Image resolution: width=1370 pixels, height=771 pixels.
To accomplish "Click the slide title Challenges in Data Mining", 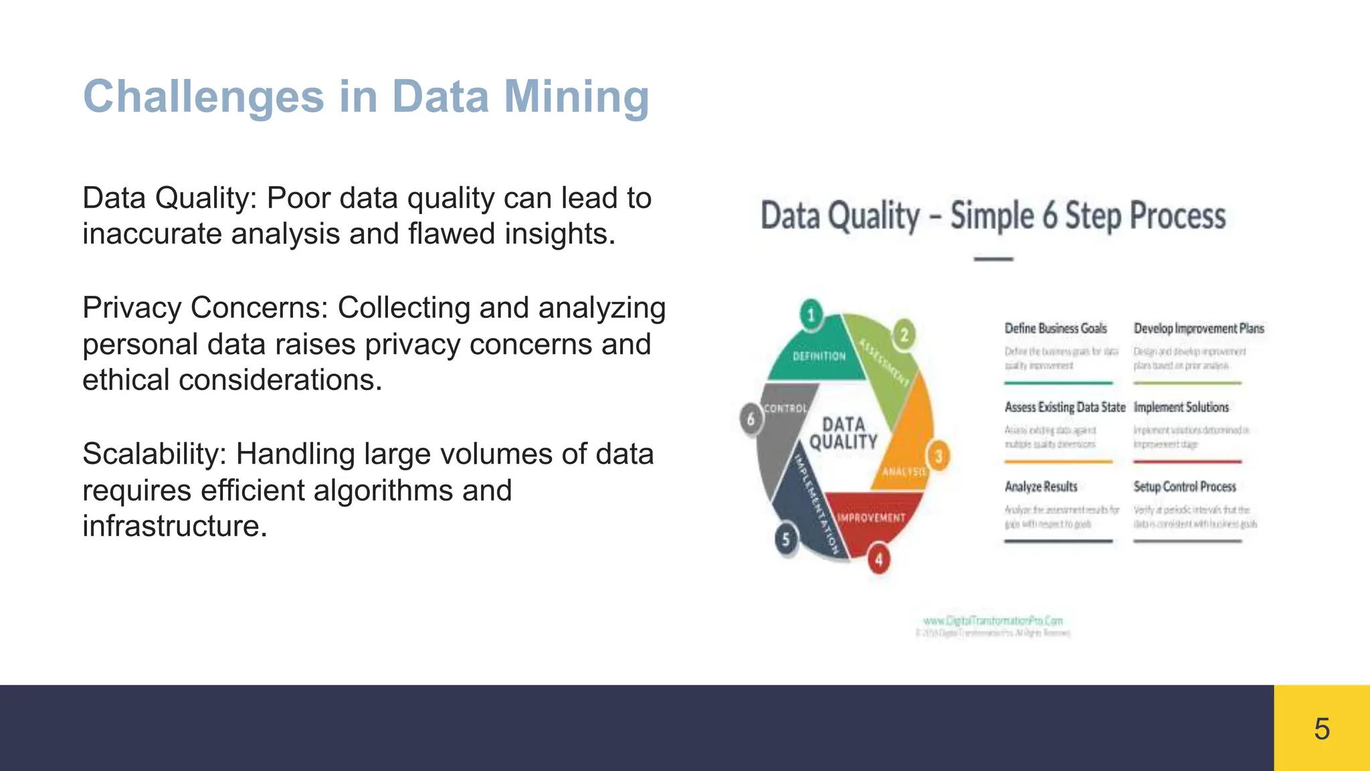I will [366, 97].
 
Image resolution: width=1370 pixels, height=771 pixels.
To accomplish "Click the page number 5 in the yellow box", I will [1322, 728].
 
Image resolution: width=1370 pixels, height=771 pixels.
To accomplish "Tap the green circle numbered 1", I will [811, 315].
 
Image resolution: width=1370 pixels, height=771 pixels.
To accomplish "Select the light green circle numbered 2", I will [904, 335].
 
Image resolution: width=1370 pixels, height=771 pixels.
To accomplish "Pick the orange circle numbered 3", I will [939, 456].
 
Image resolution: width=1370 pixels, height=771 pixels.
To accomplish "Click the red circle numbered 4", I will [879, 560].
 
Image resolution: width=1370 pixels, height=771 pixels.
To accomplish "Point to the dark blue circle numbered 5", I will [786, 539].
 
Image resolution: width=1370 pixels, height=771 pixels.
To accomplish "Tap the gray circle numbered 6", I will [751, 419].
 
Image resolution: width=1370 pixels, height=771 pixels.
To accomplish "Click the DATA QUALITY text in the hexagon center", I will [844, 433].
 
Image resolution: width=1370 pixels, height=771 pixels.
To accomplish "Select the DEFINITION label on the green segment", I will [819, 357].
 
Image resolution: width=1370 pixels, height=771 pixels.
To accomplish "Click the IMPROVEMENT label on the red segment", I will [871, 517].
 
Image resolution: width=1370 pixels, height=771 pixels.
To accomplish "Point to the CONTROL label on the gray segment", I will [785, 408].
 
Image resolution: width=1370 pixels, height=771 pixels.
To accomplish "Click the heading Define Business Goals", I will [1056, 329].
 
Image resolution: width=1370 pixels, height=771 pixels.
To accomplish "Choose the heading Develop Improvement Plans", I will [1199, 329].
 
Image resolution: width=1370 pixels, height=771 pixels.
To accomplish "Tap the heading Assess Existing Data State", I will [1065, 407].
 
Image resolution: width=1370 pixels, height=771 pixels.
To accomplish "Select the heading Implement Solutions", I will [1181, 407].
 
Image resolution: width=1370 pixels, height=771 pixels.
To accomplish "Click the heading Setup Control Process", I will [1185, 487].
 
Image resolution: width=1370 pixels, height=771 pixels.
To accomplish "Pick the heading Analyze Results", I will [1041, 487].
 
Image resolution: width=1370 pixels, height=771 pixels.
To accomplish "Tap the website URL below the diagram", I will [993, 621].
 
